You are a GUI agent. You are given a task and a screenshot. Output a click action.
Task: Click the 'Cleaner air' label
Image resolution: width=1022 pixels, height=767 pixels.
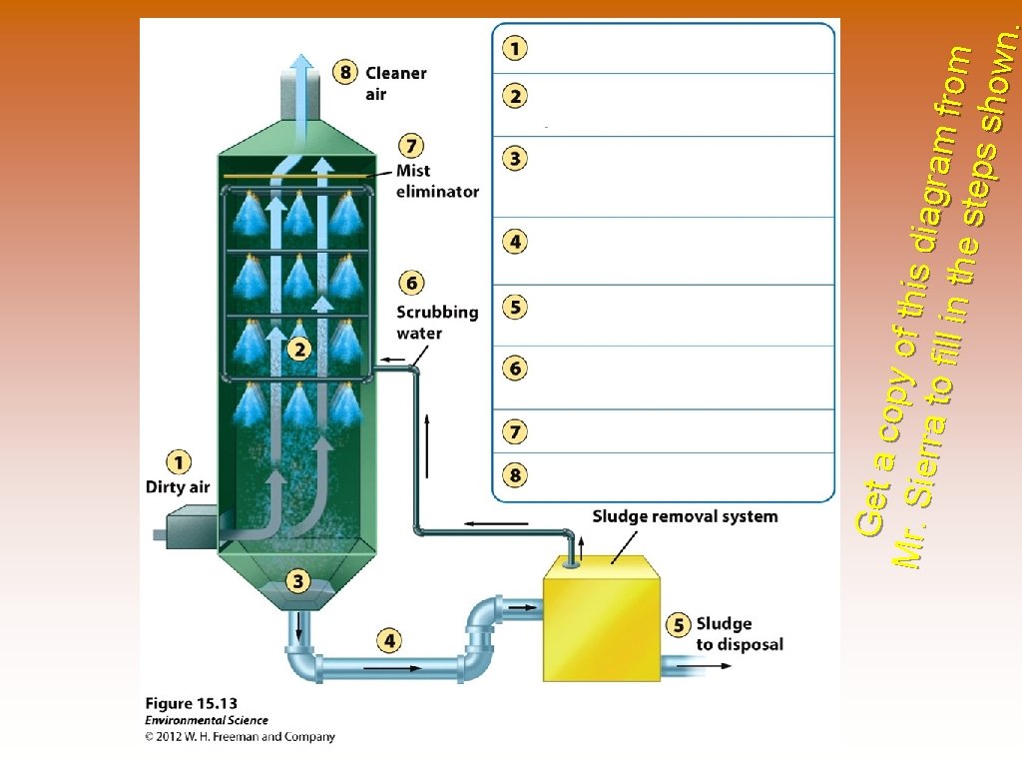point(395,83)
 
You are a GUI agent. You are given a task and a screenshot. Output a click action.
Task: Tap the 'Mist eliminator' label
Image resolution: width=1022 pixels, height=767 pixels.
point(437,181)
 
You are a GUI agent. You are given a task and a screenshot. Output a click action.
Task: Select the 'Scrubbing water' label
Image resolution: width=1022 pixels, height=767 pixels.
point(437,322)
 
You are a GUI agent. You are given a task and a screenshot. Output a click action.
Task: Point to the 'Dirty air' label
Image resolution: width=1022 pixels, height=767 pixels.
point(178,486)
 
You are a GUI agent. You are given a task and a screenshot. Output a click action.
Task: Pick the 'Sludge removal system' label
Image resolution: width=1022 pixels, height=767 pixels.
point(685,516)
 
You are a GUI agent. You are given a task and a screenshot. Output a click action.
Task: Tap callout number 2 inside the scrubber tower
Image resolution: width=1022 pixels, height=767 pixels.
point(298,349)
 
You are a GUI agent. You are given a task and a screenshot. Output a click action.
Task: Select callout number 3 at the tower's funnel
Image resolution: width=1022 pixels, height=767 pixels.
point(298,580)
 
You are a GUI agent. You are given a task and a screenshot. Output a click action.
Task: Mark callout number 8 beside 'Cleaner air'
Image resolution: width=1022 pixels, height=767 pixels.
point(345,72)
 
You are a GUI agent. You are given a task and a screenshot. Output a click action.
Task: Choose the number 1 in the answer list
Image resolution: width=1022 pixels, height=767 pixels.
point(515,47)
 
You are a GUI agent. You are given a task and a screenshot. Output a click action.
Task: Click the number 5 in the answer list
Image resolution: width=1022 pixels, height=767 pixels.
point(515,307)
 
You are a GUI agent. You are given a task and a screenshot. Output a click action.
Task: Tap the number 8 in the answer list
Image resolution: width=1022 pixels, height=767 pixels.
point(515,475)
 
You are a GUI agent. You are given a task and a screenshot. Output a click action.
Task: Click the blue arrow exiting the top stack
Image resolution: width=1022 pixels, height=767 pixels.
point(299,75)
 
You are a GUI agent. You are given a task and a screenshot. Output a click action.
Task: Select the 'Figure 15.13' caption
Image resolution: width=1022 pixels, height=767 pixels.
point(192,703)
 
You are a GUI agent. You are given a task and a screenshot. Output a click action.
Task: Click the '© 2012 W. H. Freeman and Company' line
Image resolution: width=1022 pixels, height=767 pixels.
point(240,737)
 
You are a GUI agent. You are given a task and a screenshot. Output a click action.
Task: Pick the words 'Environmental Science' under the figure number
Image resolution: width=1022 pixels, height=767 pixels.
point(207,720)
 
